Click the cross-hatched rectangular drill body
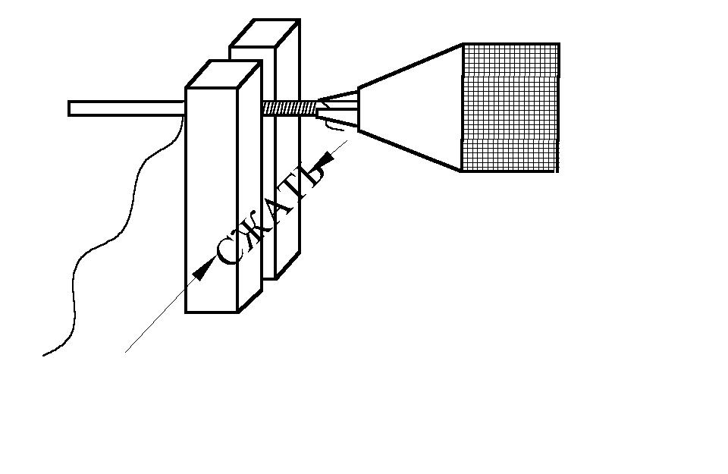point(510,108)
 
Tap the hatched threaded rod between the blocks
point(290,108)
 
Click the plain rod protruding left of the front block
point(127,108)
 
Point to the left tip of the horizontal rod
point(69,108)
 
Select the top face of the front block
point(224,74)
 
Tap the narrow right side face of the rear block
point(288,149)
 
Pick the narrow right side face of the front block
point(249,186)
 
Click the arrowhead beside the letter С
point(202,272)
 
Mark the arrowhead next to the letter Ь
point(325,161)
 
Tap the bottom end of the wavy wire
point(43,356)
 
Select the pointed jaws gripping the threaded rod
point(337,109)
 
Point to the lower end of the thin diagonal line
point(125,353)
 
